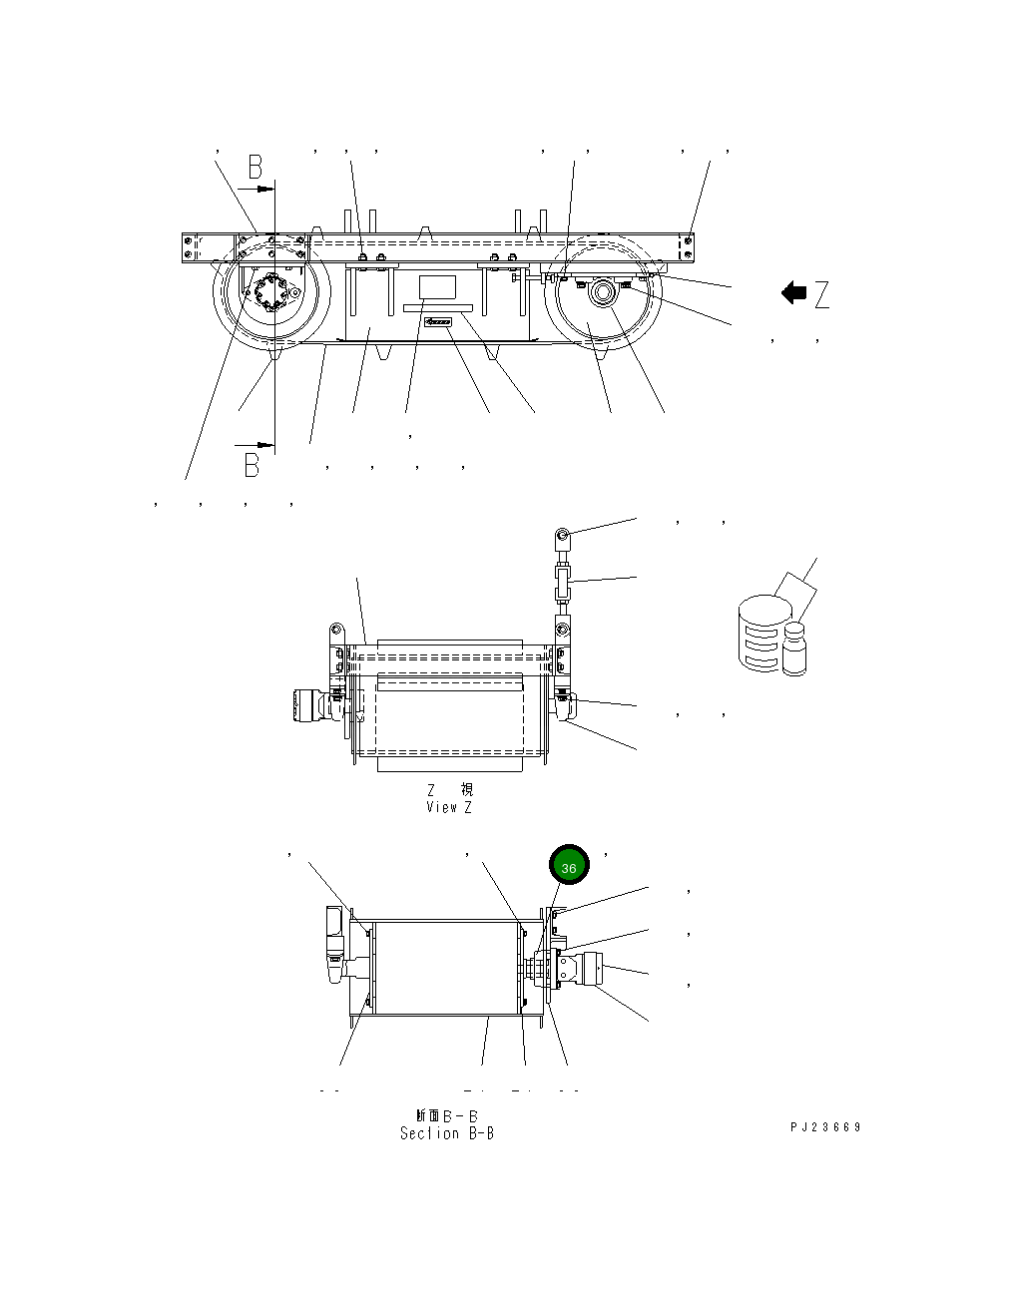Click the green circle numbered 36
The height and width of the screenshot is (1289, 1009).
point(569,867)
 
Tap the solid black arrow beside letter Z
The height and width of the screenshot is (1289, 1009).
point(793,293)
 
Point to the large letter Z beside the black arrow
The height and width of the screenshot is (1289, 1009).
point(821,294)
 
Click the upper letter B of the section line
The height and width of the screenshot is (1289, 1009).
point(255,168)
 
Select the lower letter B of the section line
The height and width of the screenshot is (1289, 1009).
point(252,465)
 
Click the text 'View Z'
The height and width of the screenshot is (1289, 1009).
point(448,807)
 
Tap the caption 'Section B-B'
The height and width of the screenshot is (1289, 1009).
point(446,1133)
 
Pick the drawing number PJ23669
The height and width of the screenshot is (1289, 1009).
point(825,1127)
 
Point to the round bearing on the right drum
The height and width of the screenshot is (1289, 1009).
point(602,293)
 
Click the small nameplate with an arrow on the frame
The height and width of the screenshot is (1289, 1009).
point(438,322)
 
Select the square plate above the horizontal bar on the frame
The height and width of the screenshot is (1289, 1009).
point(436,287)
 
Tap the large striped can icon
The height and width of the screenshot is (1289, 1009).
point(760,632)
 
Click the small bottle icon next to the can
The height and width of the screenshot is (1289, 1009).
point(794,648)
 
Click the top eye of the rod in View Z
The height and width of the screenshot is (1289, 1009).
point(563,536)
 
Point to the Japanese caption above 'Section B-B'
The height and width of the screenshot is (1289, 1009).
point(446,1114)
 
